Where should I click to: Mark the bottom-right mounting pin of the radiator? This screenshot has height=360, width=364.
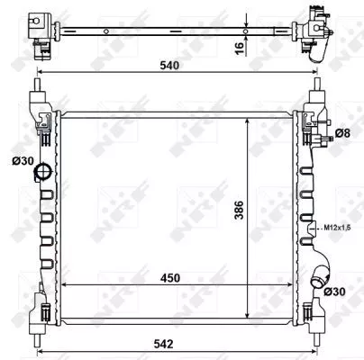(x=318, y=340)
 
